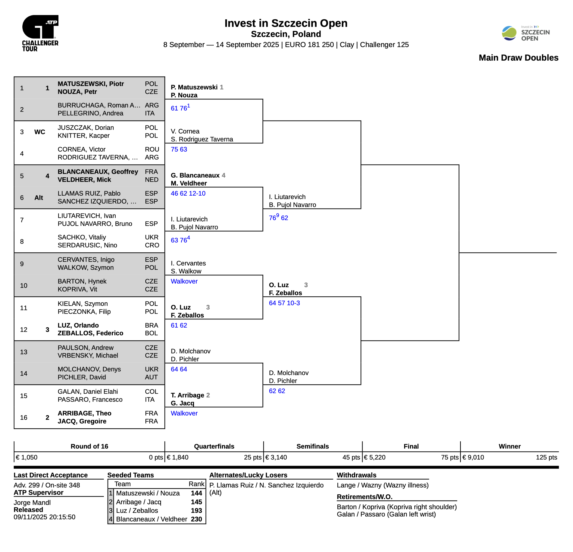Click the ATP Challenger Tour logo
(40, 33)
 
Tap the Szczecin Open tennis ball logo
(509, 33)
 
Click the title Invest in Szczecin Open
(286, 23)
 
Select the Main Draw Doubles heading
(518, 58)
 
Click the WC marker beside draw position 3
(40, 132)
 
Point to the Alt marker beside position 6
(39, 197)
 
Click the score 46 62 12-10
(188, 194)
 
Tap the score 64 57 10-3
(284, 303)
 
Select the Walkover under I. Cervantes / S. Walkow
(184, 281)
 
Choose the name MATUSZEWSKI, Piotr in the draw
(91, 84)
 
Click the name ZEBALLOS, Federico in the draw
(90, 333)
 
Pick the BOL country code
(151, 333)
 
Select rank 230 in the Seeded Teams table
(196, 519)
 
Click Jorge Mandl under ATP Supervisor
(32, 503)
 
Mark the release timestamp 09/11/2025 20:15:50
(45, 517)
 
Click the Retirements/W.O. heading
(365, 497)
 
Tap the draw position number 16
(24, 417)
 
